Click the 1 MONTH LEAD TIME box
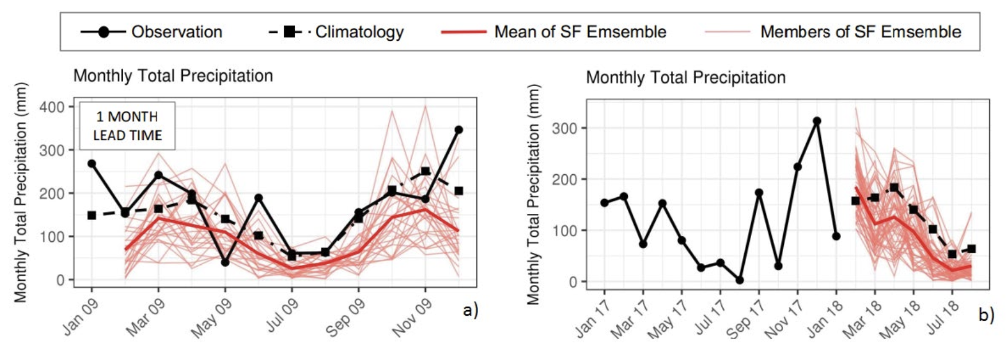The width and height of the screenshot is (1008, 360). click(x=127, y=126)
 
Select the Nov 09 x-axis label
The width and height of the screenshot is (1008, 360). click(x=412, y=318)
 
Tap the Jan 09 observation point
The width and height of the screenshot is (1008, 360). click(x=92, y=163)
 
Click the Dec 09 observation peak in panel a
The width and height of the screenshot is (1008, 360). click(x=458, y=130)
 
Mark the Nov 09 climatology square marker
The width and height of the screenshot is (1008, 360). click(x=425, y=171)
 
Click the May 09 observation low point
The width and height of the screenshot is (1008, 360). click(x=225, y=262)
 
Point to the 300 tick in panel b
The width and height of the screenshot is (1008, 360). click(x=565, y=128)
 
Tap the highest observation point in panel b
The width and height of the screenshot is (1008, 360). click(x=816, y=121)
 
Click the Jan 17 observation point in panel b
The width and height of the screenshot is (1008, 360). click(x=604, y=202)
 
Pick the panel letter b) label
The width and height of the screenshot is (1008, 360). click(x=986, y=315)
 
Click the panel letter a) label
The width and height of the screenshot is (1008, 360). click(x=470, y=310)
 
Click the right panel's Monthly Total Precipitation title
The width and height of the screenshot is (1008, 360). click(x=686, y=77)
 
